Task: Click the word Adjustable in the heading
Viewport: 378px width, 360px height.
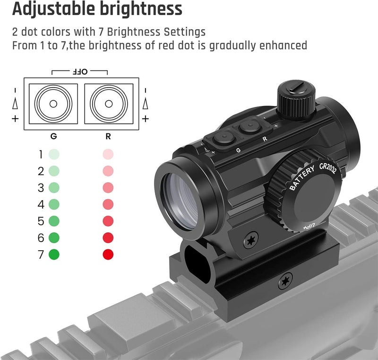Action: click(x=54, y=9)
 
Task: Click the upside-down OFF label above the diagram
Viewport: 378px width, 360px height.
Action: click(x=80, y=71)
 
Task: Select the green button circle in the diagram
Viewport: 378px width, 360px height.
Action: click(x=53, y=104)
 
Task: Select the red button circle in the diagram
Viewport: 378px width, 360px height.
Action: click(x=109, y=104)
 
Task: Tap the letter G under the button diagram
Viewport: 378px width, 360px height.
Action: click(x=53, y=136)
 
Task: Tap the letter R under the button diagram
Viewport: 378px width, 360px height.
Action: click(x=108, y=136)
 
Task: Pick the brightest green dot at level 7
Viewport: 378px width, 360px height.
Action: click(x=54, y=255)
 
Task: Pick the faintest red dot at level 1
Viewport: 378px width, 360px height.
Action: click(x=108, y=154)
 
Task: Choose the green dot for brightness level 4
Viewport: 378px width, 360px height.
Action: click(x=54, y=204)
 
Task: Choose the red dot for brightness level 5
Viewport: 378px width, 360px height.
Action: click(x=108, y=221)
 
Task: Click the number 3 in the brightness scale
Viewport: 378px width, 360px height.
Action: click(x=41, y=188)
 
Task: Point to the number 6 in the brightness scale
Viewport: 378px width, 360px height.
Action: click(x=41, y=238)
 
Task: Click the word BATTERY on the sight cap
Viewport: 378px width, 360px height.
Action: click(x=302, y=177)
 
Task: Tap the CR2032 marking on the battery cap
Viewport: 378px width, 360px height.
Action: click(x=327, y=168)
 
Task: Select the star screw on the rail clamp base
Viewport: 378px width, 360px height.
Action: click(x=285, y=281)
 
